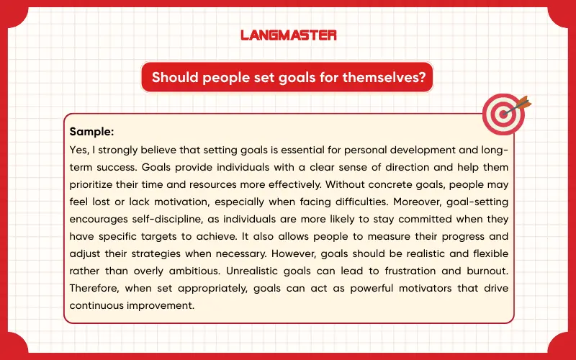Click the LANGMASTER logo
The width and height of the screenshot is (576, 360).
288,35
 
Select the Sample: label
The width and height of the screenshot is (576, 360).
92,132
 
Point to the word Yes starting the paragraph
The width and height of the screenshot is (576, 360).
78,150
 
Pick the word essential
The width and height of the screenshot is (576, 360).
297,150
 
